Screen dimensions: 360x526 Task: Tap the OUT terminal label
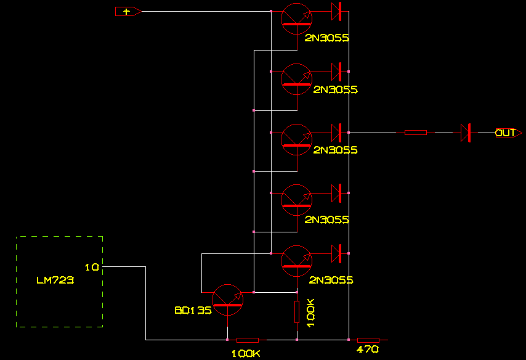pos(506,133)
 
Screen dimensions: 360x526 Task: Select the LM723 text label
pos(55,280)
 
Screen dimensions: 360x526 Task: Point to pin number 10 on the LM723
pos(92,267)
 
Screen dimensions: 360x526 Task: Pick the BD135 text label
pos(193,311)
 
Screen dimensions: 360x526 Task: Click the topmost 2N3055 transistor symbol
pos(296,18)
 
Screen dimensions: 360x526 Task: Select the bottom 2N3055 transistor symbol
pos(296,260)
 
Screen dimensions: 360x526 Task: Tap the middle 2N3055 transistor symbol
pos(296,139)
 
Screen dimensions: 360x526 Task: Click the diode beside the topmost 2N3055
pos(336,11)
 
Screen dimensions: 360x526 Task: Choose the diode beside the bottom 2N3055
pos(336,253)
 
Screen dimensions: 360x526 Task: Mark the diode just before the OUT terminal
pos(466,133)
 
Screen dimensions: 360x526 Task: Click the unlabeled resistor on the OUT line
pos(416,133)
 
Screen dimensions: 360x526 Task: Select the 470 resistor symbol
pos(368,339)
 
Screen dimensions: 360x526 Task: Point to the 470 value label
pos(368,350)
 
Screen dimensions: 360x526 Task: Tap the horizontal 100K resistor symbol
pos(248,339)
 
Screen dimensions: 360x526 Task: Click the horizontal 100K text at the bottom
pos(246,354)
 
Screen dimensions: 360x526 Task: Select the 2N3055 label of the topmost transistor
pos(327,38)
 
